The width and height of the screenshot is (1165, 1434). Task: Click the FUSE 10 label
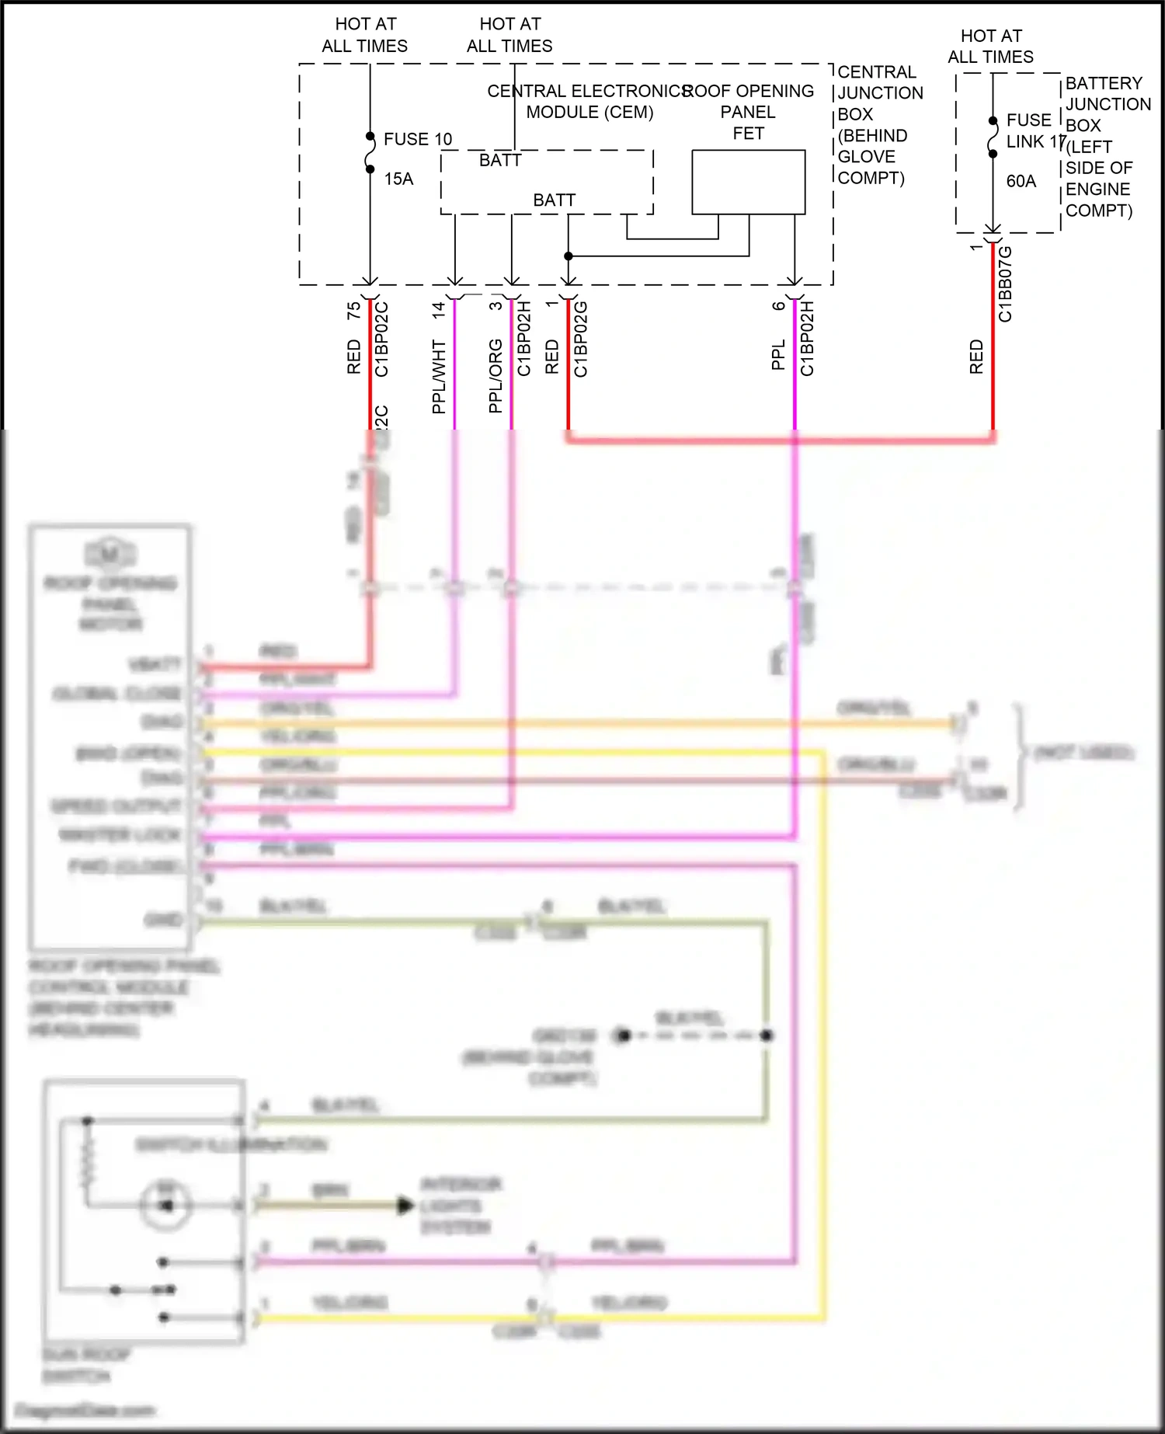417,139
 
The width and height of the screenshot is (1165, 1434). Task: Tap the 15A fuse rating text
398,179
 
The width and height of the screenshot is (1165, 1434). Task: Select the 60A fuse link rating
1021,182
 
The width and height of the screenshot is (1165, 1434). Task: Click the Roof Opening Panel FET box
748,182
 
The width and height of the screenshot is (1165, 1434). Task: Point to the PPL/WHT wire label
439,376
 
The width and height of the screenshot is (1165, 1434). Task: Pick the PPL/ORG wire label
496,376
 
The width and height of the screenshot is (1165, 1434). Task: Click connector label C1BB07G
1005,284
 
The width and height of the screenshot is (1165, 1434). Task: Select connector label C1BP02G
581,339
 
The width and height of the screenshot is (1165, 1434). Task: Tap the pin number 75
354,311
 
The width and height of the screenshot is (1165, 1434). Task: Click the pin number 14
439,310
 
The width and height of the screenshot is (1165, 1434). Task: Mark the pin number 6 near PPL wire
779,306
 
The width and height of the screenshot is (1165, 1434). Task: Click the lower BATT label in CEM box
554,200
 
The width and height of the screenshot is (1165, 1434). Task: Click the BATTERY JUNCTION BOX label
1107,104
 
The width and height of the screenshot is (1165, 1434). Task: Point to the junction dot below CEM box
569,256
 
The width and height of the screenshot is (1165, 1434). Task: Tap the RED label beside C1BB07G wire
976,357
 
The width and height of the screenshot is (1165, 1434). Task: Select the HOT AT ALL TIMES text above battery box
990,47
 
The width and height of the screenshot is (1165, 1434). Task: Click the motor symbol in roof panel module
110,554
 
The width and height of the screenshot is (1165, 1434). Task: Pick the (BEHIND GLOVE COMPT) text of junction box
871,157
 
